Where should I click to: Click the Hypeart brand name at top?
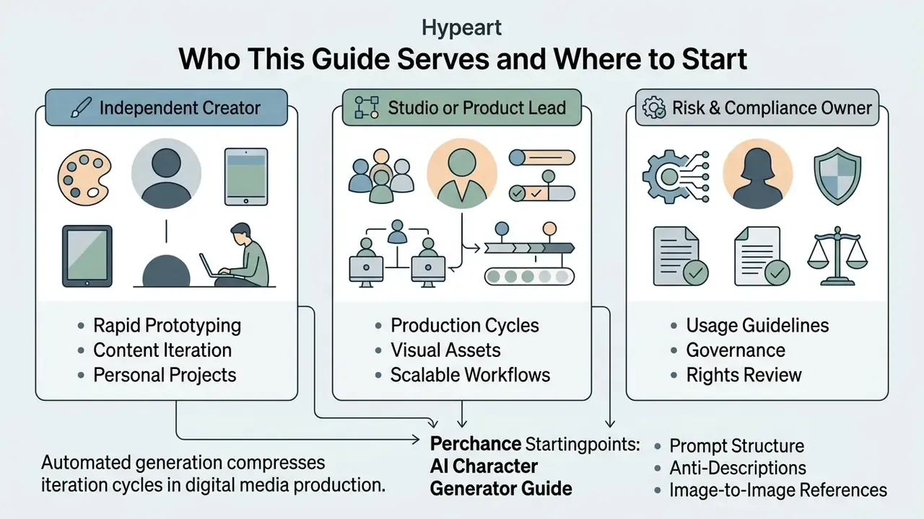click(461, 27)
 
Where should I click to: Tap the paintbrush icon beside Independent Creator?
click(82, 107)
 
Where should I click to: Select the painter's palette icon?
click(84, 177)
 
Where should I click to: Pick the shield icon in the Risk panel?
click(837, 176)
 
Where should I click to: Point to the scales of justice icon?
click(837, 255)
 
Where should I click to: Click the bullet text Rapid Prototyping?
click(167, 325)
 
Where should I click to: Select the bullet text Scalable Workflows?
click(470, 375)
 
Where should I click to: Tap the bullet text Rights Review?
click(744, 375)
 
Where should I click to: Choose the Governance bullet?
click(736, 350)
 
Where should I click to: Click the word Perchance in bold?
click(476, 444)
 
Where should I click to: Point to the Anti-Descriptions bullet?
click(738, 468)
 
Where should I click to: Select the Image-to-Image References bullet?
click(778, 490)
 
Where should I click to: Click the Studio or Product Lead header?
click(462, 107)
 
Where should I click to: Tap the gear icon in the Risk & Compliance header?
click(654, 107)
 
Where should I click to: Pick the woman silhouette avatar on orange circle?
click(758, 174)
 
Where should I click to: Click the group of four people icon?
click(380, 176)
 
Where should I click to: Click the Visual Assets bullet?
click(445, 350)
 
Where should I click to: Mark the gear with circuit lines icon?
click(676, 177)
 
